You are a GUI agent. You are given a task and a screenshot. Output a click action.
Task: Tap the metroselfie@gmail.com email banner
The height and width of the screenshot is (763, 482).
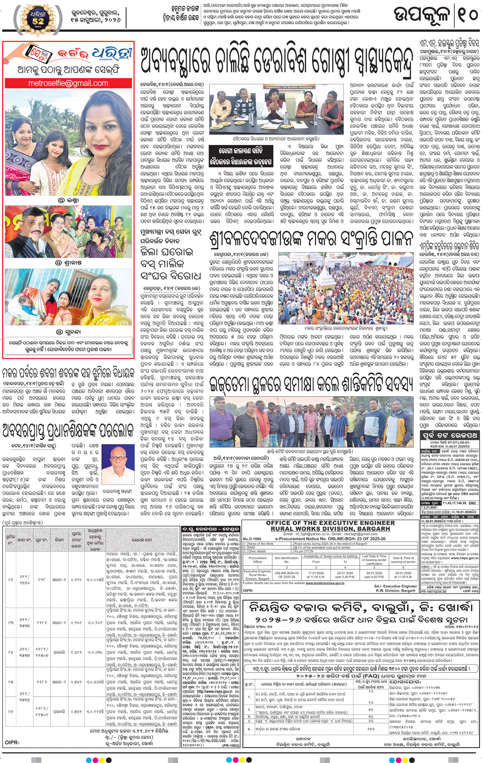pyautogui.click(x=68, y=83)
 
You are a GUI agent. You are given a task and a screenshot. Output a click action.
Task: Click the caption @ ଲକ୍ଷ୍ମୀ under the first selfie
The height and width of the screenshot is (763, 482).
pyautogui.click(x=68, y=200)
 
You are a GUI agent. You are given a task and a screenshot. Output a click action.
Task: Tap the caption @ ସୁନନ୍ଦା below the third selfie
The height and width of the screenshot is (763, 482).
pyautogui.click(x=68, y=332)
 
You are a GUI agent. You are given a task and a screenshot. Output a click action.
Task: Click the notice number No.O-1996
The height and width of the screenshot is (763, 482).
pyautogui.click(x=252, y=539)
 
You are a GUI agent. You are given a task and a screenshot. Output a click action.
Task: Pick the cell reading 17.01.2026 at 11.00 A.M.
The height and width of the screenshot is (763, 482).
pyautogui.click(x=316, y=573)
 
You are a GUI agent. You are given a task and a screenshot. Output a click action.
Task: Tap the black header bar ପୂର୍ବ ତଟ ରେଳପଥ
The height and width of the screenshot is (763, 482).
pyautogui.click(x=450, y=435)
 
